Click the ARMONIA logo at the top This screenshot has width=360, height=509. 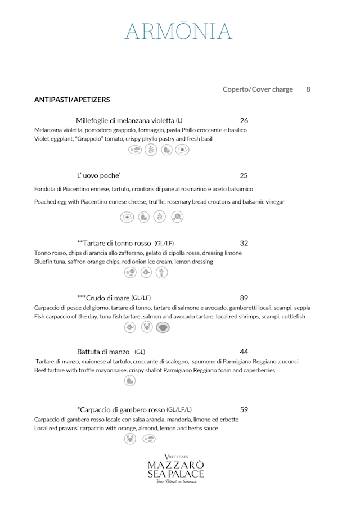pos(179,31)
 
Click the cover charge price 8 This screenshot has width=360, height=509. pos(308,89)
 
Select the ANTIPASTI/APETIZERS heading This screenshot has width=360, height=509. pos(72,100)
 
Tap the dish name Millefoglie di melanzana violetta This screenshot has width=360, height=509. pos(125,120)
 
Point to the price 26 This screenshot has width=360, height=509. pos(244,120)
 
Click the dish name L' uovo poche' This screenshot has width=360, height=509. pos(98,175)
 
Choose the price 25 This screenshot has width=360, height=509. pos(244,175)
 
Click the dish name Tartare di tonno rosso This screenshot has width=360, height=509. pos(114,243)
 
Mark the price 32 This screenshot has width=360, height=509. pos(244,243)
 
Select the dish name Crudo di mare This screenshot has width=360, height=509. pos(103,298)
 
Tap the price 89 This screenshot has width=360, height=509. pos(244,298)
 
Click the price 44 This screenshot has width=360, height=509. pos(244,352)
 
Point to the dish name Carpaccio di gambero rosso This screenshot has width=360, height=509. pos(121,409)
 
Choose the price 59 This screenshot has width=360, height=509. pos(244,409)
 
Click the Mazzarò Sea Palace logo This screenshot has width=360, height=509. pos(175,469)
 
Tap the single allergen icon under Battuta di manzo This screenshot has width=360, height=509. pos(130,381)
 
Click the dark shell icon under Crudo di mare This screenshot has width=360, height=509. pos(163,327)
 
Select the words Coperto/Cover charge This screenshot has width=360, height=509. pos(258,89)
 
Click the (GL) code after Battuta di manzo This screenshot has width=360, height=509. pos(139,352)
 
